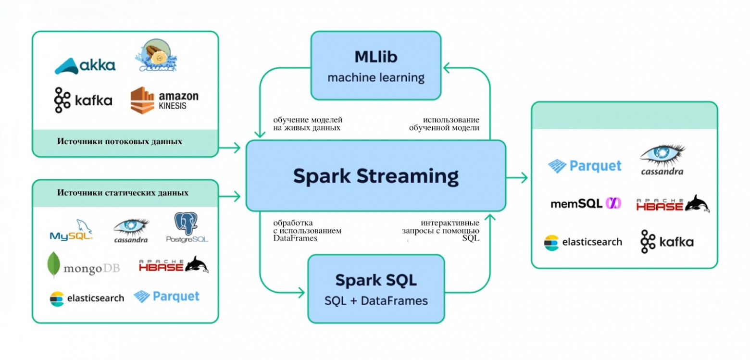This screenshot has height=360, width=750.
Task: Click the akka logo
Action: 85,65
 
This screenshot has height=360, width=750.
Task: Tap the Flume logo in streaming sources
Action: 156,55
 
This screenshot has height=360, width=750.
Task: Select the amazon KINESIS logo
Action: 164,100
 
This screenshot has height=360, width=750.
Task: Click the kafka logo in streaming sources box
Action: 83,100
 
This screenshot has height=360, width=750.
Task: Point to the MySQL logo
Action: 71,230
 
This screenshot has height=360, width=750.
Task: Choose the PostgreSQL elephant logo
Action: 187,227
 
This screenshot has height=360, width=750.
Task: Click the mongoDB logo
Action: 83,265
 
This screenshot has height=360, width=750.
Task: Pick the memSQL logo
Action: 586,203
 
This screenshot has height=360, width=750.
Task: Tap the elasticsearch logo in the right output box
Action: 583,242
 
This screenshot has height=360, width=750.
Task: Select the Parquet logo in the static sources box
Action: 166,297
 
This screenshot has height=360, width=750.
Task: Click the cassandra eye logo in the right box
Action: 662,160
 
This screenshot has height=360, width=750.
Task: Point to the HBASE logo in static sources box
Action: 174,265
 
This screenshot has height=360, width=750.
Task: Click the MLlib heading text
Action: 376,57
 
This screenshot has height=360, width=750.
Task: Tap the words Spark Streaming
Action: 375,176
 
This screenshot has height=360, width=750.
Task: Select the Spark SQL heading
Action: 376,280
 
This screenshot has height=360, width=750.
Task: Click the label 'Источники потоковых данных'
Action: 120,141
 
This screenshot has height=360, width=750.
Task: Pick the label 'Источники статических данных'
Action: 123,193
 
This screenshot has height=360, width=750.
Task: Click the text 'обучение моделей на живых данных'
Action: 308,124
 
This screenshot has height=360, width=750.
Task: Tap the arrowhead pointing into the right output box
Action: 525,177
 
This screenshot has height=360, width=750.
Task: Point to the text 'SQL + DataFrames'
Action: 376,301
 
